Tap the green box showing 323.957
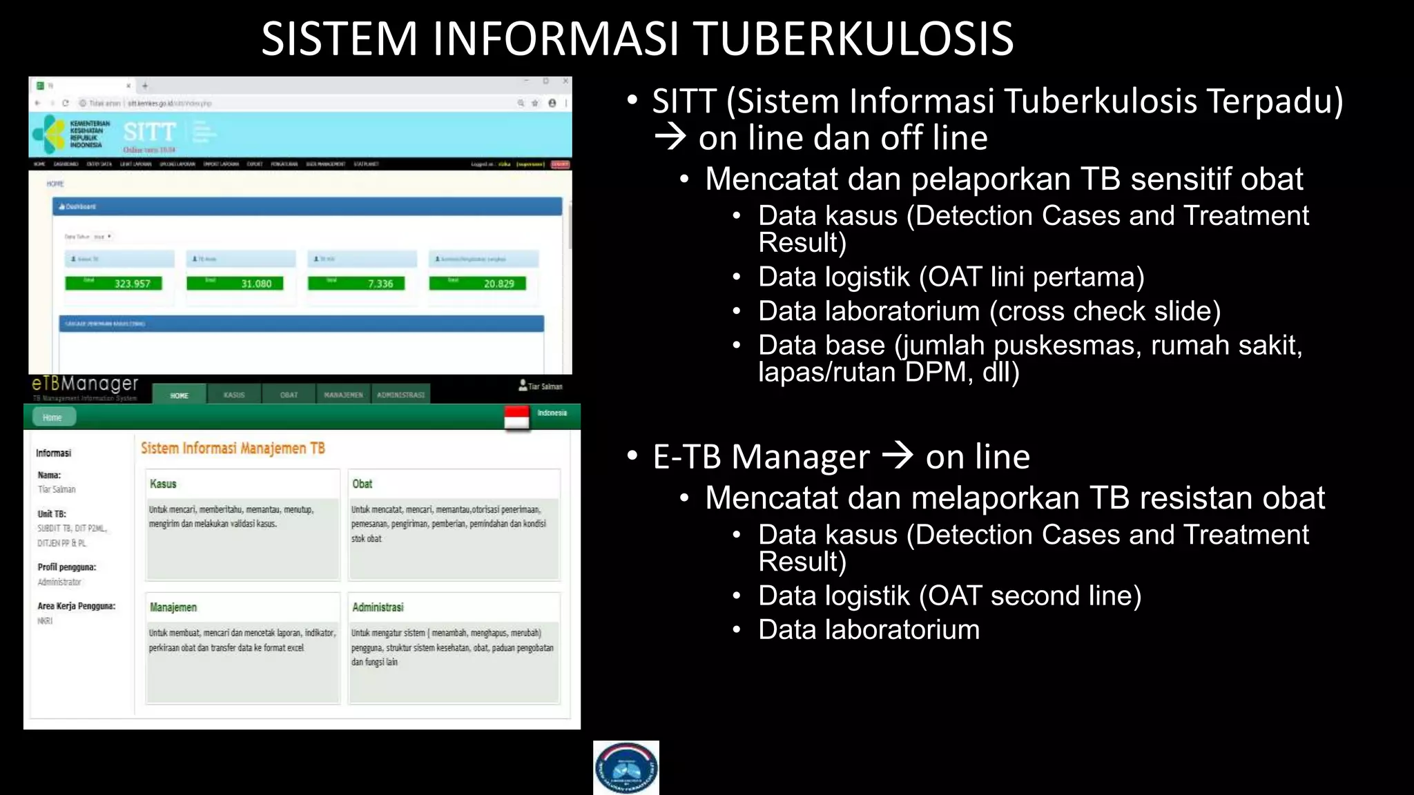114,283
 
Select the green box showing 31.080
235,283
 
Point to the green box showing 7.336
356,283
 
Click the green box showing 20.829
478,283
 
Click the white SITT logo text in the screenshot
149,131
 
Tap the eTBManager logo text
85,384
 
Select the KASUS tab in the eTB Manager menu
234,395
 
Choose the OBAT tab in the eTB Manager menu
289,395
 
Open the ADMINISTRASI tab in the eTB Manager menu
400,395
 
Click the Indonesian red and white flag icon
516,418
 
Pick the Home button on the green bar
52,418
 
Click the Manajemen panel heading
173,607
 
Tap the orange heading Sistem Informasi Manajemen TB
233,449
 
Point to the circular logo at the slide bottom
626,767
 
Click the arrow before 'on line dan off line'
670,137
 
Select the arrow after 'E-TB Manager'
898,455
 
